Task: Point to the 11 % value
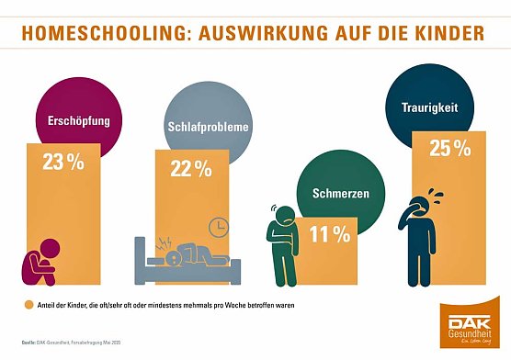coord(329,234)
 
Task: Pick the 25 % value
coord(439,145)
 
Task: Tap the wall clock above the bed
coord(219,226)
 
